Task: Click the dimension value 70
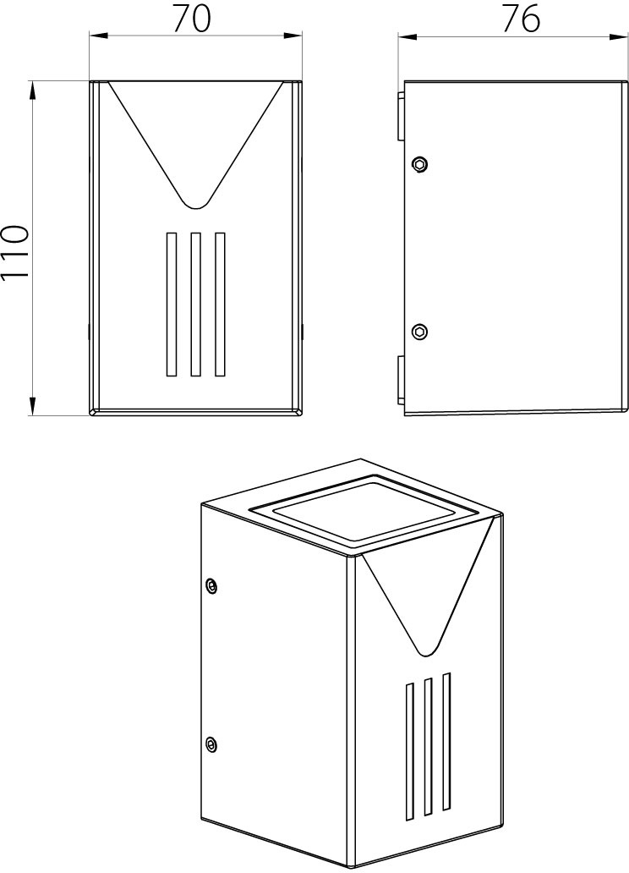click(x=191, y=19)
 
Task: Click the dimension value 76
click(x=521, y=19)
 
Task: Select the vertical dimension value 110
click(x=14, y=254)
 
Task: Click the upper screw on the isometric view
click(x=211, y=585)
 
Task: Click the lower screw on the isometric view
click(x=211, y=744)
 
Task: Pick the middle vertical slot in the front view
click(x=195, y=304)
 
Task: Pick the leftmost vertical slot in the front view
click(x=171, y=304)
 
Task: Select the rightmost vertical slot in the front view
click(x=220, y=304)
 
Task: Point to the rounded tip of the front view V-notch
click(x=195, y=207)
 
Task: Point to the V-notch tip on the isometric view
click(x=426, y=654)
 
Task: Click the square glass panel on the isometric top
click(x=364, y=509)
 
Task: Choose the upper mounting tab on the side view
click(x=400, y=116)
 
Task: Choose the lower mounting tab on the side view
click(x=400, y=380)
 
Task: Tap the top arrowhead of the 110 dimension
click(x=33, y=90)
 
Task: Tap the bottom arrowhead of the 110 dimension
click(x=33, y=406)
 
